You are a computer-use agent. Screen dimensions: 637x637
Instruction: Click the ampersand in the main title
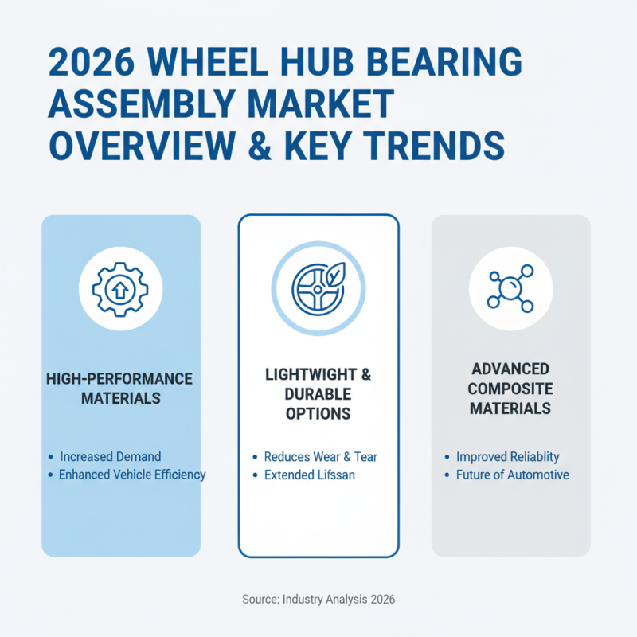pyautogui.click(x=268, y=146)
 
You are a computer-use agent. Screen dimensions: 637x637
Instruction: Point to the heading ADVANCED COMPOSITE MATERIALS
pyautogui.click(x=510, y=389)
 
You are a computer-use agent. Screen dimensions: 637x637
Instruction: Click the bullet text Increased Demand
pyautogui.click(x=110, y=457)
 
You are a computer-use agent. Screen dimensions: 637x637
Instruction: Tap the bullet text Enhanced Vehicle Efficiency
pyautogui.click(x=132, y=475)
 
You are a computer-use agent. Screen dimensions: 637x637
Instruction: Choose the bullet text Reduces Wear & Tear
pyautogui.click(x=321, y=457)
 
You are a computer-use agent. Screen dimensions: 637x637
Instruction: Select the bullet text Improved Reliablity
pyautogui.click(x=507, y=457)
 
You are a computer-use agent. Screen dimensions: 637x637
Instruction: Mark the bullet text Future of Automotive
pyautogui.click(x=512, y=475)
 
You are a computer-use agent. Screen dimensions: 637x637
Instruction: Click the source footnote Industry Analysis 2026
pyautogui.click(x=318, y=599)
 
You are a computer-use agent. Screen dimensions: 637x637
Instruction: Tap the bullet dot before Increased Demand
pyautogui.click(x=51, y=457)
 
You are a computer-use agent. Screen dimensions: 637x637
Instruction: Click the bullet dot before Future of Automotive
pyautogui.click(x=447, y=475)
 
